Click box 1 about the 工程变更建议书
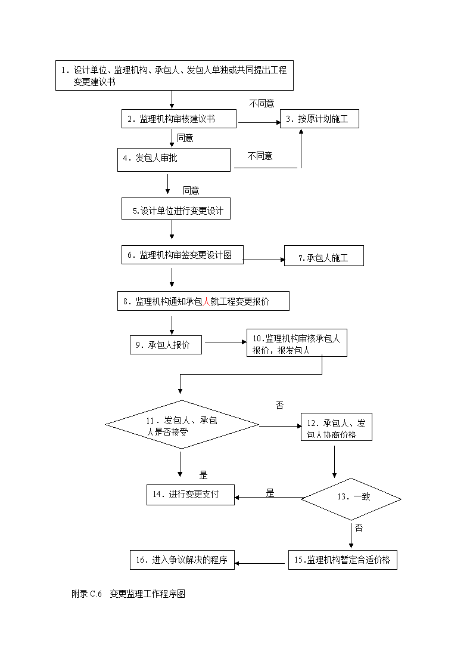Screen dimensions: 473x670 point(175,76)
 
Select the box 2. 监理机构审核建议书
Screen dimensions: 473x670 point(179,119)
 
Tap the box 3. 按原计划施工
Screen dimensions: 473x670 point(319,119)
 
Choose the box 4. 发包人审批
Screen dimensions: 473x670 point(174,160)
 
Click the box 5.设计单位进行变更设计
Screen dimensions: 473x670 point(176,209)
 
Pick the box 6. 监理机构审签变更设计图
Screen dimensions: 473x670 point(182,255)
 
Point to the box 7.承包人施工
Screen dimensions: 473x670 point(324,255)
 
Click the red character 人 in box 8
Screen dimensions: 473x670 point(207,301)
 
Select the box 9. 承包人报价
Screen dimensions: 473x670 point(166,345)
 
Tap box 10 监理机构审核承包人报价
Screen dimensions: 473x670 point(297,342)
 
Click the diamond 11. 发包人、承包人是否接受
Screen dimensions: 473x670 point(182,425)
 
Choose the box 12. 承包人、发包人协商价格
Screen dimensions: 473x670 point(337,427)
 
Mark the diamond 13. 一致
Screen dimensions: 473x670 point(351,499)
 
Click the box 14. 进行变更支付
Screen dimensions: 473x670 point(191,495)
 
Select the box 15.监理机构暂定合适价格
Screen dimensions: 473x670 point(343,560)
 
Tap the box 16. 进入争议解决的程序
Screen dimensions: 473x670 point(182,560)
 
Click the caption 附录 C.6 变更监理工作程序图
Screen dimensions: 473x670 point(129,594)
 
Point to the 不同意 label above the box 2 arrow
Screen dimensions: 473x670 point(262,103)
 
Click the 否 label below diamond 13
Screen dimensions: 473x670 point(359,528)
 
